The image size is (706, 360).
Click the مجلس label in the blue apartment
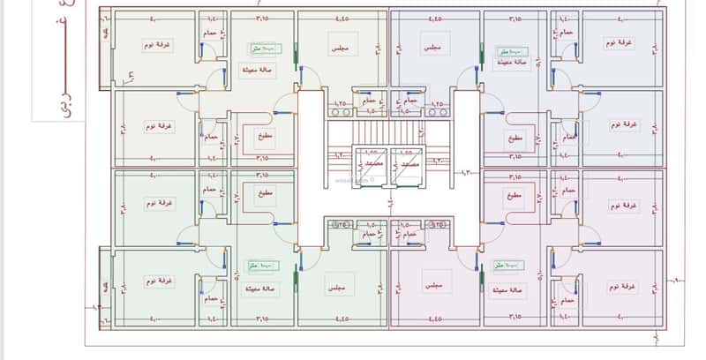[x=432, y=44]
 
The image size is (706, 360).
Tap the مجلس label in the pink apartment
[x=432, y=286]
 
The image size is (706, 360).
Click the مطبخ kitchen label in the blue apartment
[x=515, y=138]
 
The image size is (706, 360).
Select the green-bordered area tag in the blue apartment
[x=508, y=52]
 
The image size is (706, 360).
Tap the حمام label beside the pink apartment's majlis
[x=409, y=236]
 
